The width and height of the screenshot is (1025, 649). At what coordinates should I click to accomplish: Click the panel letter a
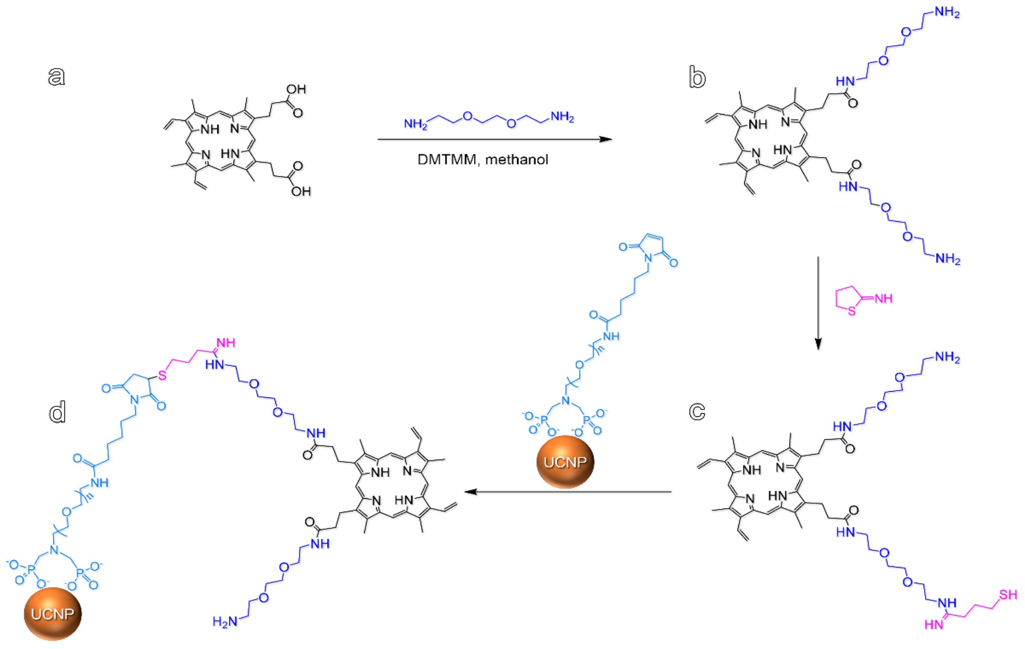tap(57, 77)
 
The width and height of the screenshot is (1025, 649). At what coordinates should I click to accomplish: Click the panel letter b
tap(697, 78)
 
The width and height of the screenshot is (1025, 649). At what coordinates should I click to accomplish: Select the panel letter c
tap(697, 411)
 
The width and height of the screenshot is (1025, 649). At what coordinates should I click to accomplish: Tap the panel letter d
tap(57, 411)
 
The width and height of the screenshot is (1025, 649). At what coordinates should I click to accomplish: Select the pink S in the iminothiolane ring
tap(852, 311)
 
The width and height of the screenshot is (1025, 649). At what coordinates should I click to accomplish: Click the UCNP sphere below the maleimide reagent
tap(565, 462)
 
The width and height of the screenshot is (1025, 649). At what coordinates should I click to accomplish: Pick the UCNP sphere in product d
tap(52, 614)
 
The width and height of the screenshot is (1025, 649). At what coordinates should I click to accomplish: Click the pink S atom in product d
tap(162, 376)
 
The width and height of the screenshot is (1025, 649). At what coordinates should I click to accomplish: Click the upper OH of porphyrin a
tap(296, 89)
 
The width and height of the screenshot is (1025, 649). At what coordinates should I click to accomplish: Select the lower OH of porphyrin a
tap(301, 191)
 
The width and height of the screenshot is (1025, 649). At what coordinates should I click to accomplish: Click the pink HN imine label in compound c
tap(934, 624)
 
